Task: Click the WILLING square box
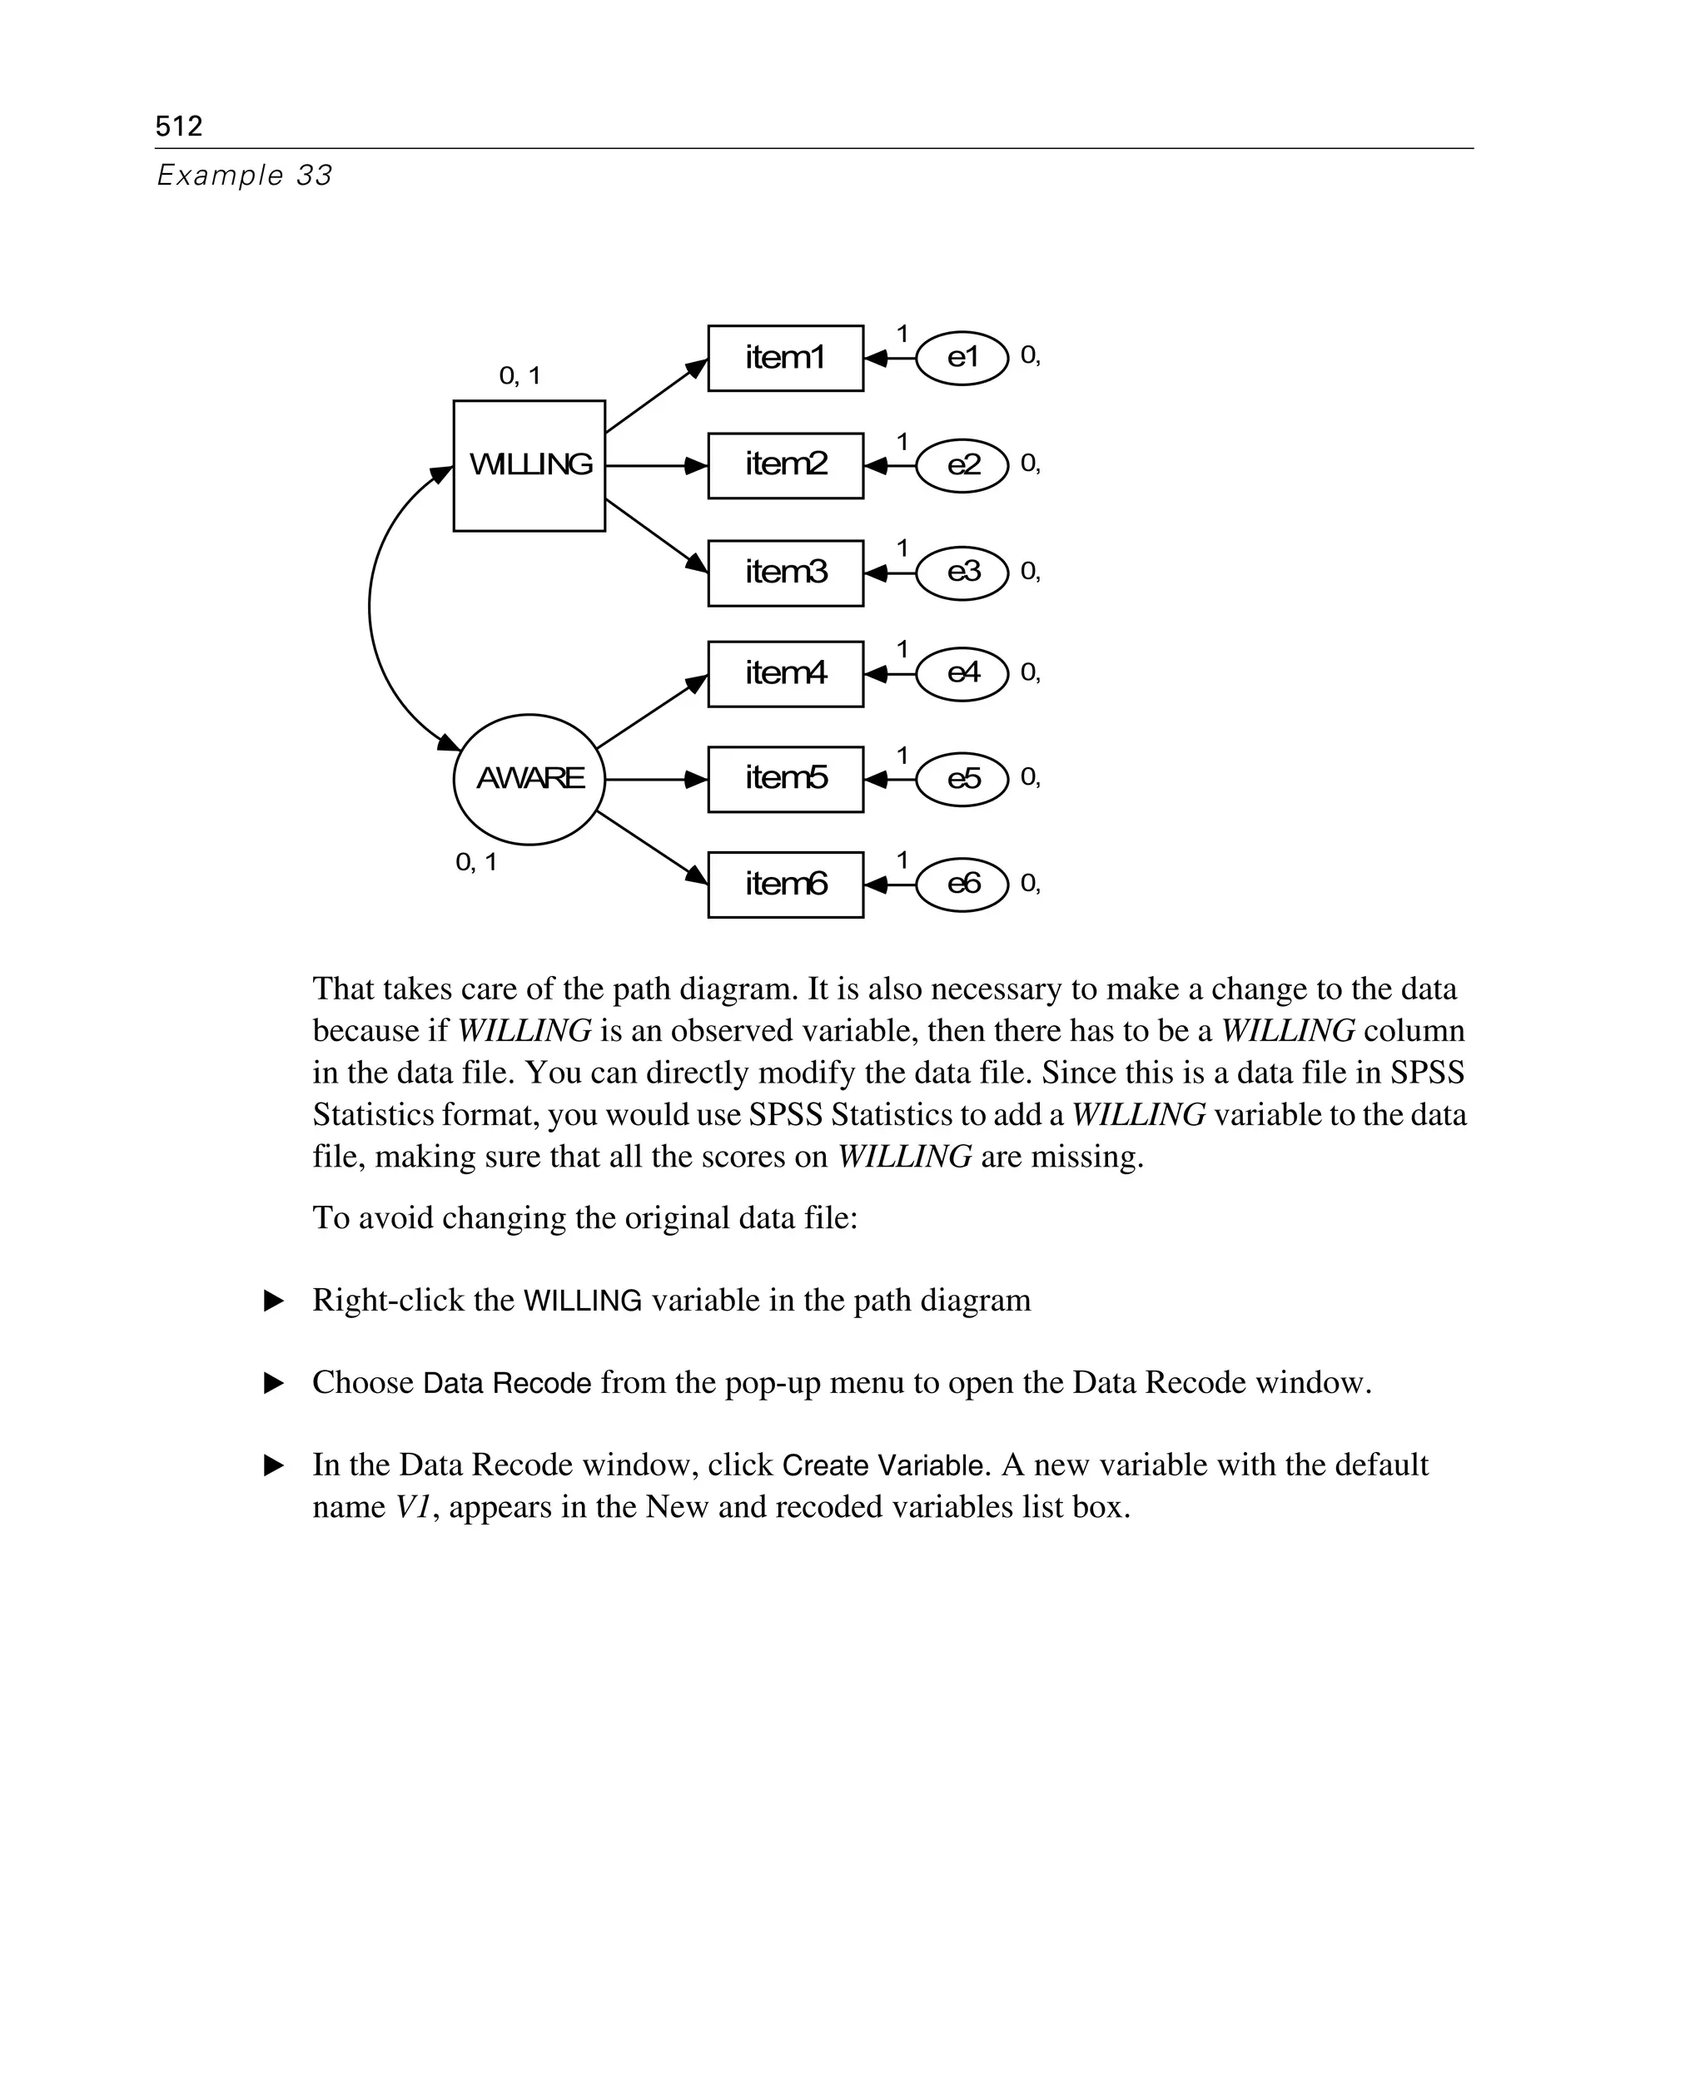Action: click(x=529, y=465)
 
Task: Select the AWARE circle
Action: click(x=529, y=780)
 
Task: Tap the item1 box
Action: click(x=785, y=359)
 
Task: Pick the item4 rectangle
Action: click(x=785, y=674)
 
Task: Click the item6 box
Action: click(x=785, y=885)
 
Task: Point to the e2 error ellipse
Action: click(x=962, y=465)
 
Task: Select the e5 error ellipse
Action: click(x=962, y=780)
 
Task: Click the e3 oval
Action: click(x=962, y=573)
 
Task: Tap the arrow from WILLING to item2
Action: click(x=655, y=465)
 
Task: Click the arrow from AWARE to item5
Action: click(x=655, y=780)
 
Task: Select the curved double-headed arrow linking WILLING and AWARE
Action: click(x=371, y=608)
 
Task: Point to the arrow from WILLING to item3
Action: click(x=655, y=535)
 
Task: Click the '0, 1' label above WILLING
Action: click(x=519, y=376)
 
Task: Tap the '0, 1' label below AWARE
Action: click(x=476, y=863)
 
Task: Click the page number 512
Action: click(x=179, y=126)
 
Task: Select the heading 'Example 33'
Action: click(x=245, y=176)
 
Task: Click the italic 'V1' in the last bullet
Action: click(x=412, y=1506)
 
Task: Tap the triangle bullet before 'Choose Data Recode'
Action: click(x=274, y=1383)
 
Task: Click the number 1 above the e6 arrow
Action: click(x=902, y=860)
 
